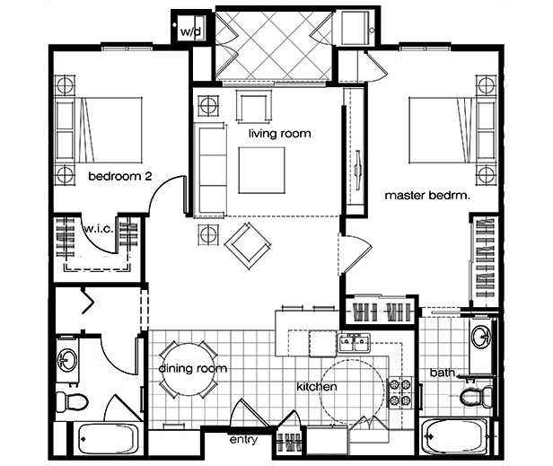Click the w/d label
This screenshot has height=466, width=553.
click(x=191, y=31)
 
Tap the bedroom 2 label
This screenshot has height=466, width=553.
click(x=120, y=176)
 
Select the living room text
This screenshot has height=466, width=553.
click(x=280, y=134)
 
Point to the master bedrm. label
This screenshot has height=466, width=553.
click(x=427, y=195)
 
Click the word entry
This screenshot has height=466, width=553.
click(x=243, y=440)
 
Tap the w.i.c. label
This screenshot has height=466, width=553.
click(x=99, y=229)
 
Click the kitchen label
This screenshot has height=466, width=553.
click(x=317, y=387)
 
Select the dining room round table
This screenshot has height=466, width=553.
click(x=189, y=369)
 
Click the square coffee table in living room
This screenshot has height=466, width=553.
click(x=262, y=171)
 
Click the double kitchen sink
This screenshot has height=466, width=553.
click(x=354, y=342)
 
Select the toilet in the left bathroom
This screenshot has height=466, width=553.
click(x=72, y=402)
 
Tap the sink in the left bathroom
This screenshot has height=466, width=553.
click(x=67, y=360)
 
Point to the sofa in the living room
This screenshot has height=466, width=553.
click(x=210, y=171)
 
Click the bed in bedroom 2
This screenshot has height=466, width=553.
click(x=99, y=130)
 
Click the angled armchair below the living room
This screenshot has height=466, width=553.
click(x=249, y=246)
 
